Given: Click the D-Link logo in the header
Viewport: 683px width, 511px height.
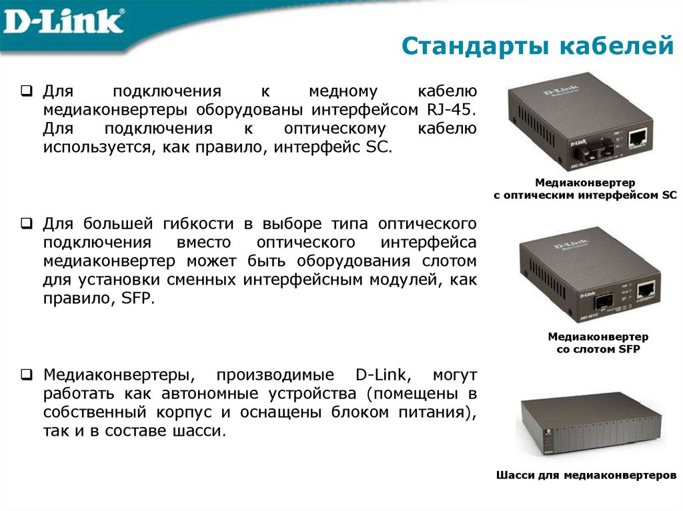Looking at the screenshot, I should (63, 21).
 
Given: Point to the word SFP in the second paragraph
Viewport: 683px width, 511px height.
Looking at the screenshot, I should (138, 298).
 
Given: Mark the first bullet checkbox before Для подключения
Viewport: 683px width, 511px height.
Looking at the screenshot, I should (27, 90).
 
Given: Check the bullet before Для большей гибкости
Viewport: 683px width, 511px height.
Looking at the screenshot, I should (27, 222).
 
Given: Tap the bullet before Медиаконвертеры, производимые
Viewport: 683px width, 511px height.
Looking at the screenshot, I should (27, 374).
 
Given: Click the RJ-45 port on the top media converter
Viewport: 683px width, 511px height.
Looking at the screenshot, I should (640, 137).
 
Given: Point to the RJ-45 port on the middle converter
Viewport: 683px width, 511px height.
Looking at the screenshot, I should (645, 290).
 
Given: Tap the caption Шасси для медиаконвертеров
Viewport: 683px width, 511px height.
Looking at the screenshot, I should (586, 476).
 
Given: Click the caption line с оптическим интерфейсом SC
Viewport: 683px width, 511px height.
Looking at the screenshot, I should (585, 195).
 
